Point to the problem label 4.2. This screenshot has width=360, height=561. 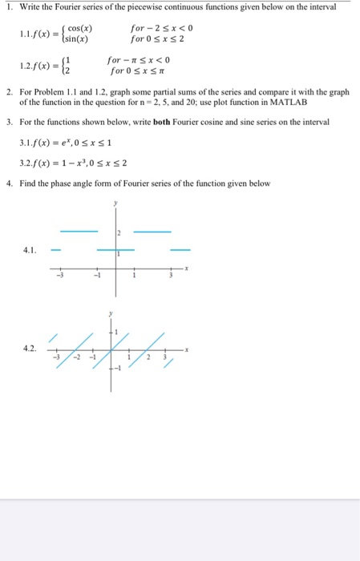(x=30, y=348)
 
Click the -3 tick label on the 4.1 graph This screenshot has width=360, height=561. (x=58, y=277)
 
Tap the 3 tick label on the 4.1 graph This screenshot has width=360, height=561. (x=169, y=277)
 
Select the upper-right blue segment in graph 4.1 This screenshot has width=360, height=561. (x=152, y=231)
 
